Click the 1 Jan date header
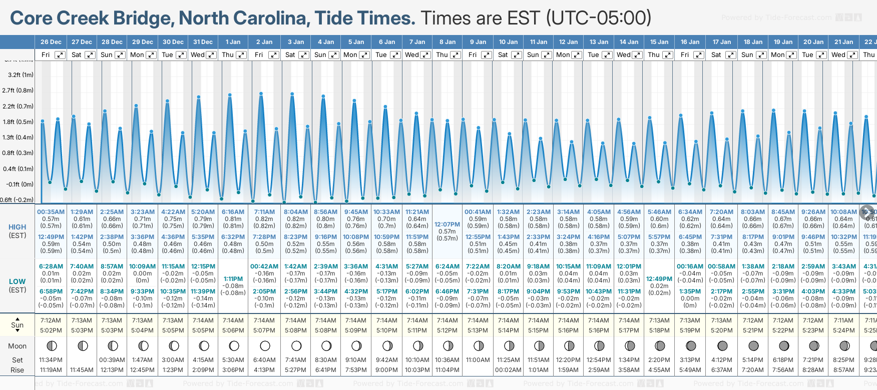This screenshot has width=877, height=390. click(x=233, y=42)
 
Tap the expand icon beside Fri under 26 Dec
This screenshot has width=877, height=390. click(x=60, y=55)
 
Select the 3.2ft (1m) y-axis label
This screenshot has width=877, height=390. click(x=21, y=75)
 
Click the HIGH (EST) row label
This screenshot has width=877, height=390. click(x=18, y=231)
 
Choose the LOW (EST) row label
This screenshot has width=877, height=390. click(x=18, y=285)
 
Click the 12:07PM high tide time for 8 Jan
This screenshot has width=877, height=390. click(x=447, y=224)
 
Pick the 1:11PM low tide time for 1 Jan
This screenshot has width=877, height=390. click(x=233, y=279)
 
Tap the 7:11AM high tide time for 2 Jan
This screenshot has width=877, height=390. click(x=264, y=212)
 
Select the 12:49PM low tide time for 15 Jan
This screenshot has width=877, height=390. click(x=659, y=279)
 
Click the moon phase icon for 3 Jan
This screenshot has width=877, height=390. click(x=296, y=345)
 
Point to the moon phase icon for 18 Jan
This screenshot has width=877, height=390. click(x=753, y=345)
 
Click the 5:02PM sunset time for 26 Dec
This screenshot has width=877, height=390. click(x=51, y=330)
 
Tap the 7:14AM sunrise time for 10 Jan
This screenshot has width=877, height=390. click(x=509, y=320)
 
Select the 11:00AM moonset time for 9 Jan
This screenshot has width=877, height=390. click(x=478, y=360)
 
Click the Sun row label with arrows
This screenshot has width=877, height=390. click(x=18, y=324)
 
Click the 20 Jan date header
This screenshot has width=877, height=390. click(x=813, y=42)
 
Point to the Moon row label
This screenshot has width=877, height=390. click(x=18, y=346)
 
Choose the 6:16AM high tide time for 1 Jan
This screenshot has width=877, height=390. click(x=233, y=212)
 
